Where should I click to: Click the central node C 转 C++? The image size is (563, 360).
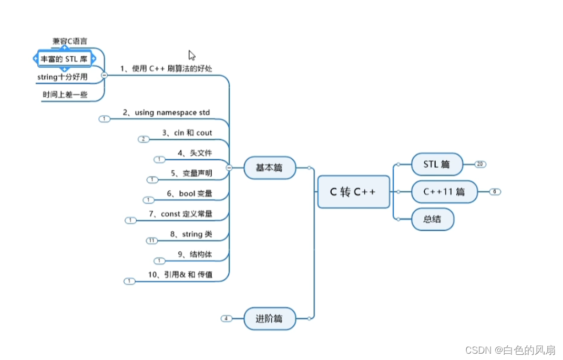tap(353, 192)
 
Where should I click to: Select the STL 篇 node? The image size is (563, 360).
tap(436, 164)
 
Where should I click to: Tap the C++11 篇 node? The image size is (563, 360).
tap(444, 192)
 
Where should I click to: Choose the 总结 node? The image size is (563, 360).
tap(432, 219)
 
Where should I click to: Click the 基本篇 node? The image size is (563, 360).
tap(269, 168)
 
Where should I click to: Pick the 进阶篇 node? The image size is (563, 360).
tap(269, 318)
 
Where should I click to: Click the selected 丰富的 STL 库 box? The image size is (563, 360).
tap(64, 59)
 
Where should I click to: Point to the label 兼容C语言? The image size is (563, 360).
tap(69, 40)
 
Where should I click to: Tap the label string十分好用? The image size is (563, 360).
tap(62, 77)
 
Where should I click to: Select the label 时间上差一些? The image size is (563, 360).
tap(65, 95)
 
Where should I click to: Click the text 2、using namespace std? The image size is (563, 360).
tap(166, 112)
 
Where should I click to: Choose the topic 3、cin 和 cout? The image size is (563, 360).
tap(186, 133)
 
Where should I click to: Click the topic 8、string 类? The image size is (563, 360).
tap(191, 234)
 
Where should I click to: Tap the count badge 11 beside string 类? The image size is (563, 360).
tap(151, 241)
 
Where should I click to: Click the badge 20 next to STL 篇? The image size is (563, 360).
tap(480, 164)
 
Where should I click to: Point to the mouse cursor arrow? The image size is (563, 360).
tap(192, 55)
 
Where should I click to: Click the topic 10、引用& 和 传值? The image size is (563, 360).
tap(180, 275)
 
